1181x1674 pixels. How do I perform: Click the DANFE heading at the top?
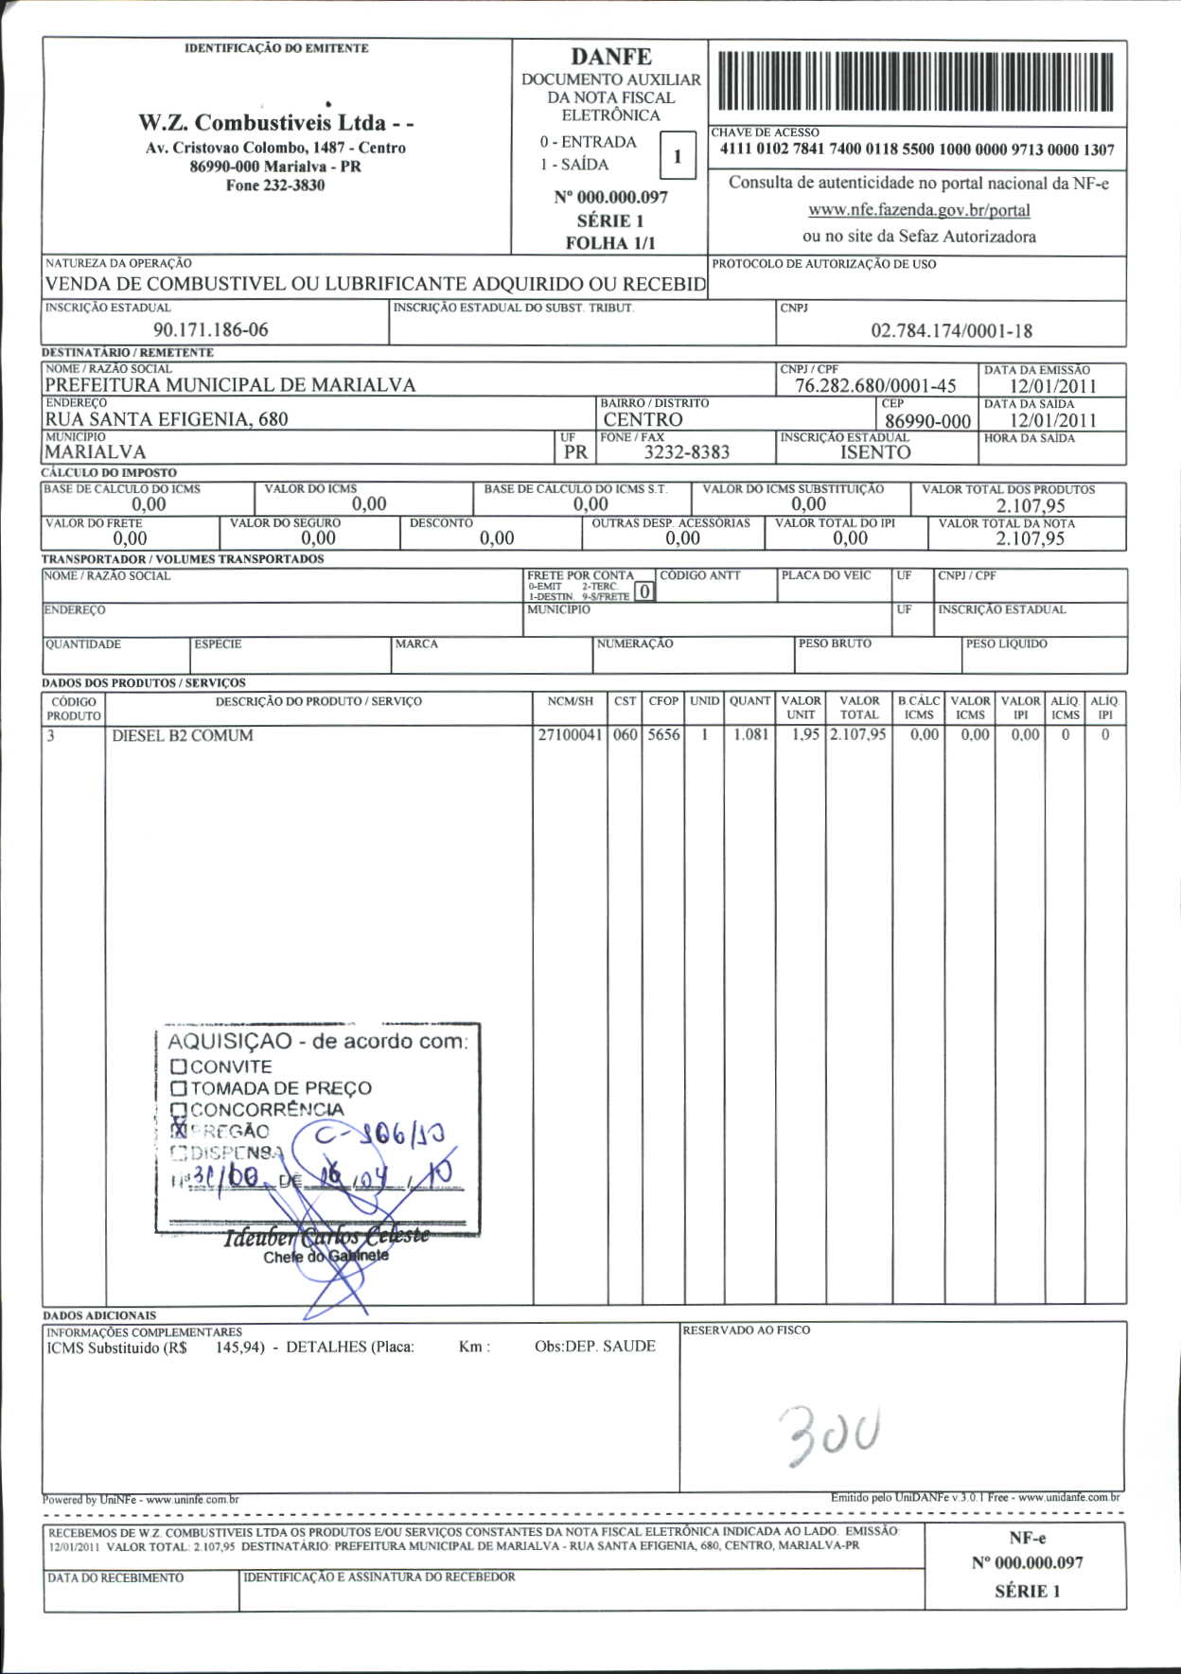610,57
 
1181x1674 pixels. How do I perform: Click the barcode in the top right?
916,83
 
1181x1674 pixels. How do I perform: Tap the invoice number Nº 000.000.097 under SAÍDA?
610,198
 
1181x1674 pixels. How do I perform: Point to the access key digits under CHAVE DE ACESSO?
917,150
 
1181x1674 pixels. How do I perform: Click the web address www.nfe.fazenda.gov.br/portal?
919,210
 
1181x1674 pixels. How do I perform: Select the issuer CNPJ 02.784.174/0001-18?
951,331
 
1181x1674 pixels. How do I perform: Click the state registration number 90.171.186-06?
210,330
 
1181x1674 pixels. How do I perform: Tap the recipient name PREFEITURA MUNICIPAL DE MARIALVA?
230,385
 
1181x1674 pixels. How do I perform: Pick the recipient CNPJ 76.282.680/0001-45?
875,386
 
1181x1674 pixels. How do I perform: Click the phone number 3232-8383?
687,452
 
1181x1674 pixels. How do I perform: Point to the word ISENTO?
875,452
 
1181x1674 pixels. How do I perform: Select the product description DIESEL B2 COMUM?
183,736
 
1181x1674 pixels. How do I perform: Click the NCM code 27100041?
570,735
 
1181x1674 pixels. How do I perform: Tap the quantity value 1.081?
751,735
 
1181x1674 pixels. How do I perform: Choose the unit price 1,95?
804,735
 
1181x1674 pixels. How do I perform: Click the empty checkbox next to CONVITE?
179,1066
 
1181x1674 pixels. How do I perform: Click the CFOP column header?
663,701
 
